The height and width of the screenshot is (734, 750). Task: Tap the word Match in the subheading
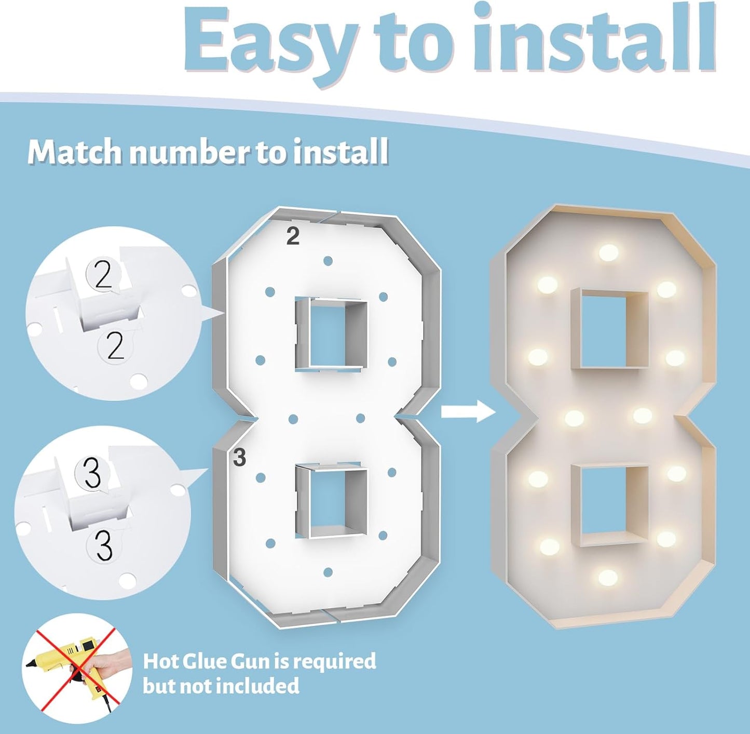[x=75, y=152]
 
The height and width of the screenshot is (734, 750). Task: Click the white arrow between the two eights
[x=468, y=412]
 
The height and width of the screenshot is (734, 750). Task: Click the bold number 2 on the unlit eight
[x=293, y=237]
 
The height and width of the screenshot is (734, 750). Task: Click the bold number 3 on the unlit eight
[x=239, y=458]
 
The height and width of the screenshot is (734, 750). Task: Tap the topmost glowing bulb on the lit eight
[x=608, y=253]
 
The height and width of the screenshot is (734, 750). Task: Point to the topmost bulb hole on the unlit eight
[x=328, y=261]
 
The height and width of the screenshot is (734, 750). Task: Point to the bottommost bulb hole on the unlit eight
[x=328, y=572]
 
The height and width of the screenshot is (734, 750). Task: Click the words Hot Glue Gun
[x=206, y=662]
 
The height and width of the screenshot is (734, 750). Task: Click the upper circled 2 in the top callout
[x=103, y=275]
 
